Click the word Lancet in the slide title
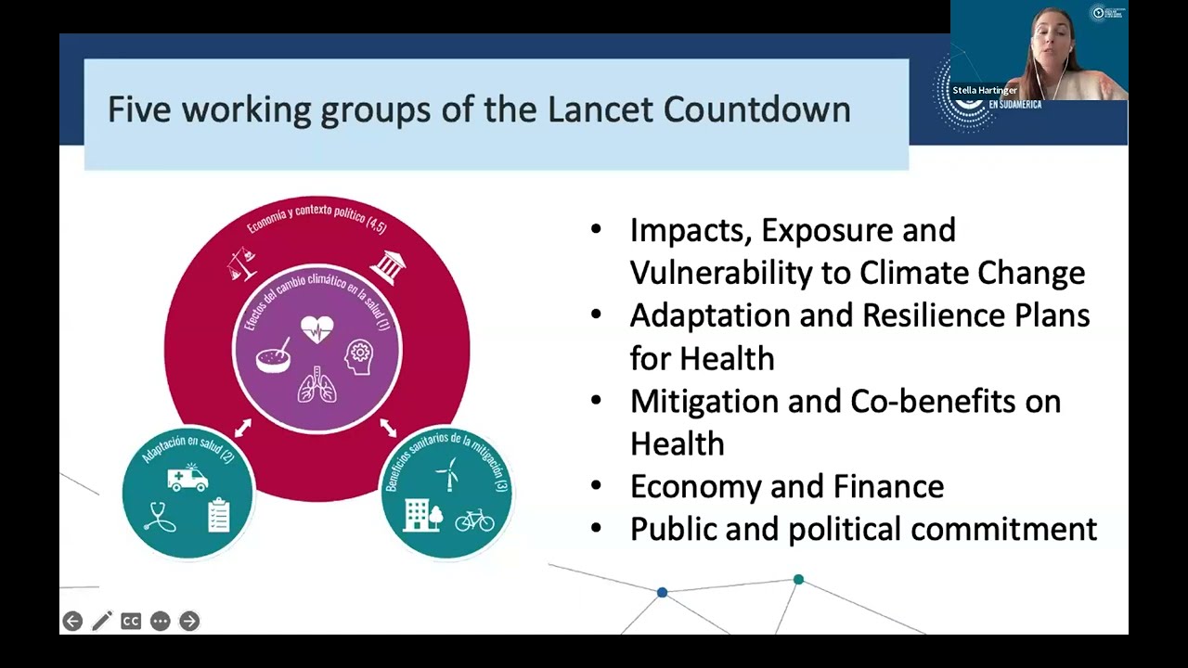pos(600,109)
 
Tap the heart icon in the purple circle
pos(316,329)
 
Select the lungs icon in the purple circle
pos(316,385)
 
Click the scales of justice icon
pos(242,265)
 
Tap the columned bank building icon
pos(387,266)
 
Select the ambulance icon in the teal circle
pos(187,477)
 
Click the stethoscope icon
pos(160,516)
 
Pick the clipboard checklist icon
pos(218,515)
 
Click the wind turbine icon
pos(447,473)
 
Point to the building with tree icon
pos(423,515)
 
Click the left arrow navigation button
pos(72,621)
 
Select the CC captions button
pos(131,621)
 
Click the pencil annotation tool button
pos(102,621)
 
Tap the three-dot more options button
pos(160,621)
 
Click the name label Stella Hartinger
pos(985,91)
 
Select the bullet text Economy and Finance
pos(786,486)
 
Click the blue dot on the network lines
pos(662,592)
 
